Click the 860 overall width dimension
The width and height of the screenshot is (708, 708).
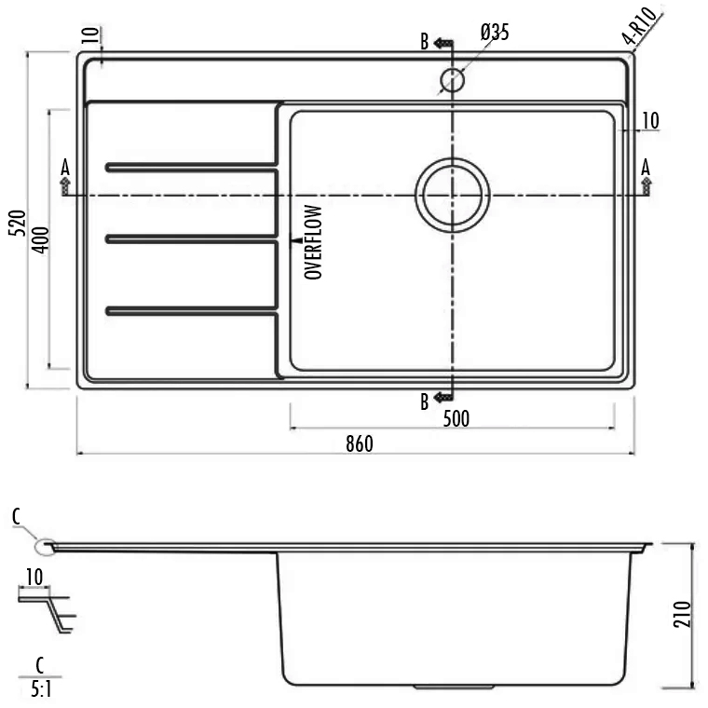(x=360, y=443)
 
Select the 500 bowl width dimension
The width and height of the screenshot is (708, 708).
(x=456, y=418)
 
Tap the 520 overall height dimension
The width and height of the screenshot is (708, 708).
(x=18, y=223)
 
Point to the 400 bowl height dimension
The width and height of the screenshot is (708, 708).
(x=41, y=239)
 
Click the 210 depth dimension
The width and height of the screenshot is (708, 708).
(x=682, y=614)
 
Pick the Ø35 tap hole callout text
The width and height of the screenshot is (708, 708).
(x=495, y=33)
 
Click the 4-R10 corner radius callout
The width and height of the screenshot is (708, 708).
(x=640, y=25)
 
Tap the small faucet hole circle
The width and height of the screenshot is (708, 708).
(x=452, y=80)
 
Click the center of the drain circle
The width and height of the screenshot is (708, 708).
(x=453, y=195)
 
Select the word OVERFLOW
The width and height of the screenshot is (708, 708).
(x=313, y=242)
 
